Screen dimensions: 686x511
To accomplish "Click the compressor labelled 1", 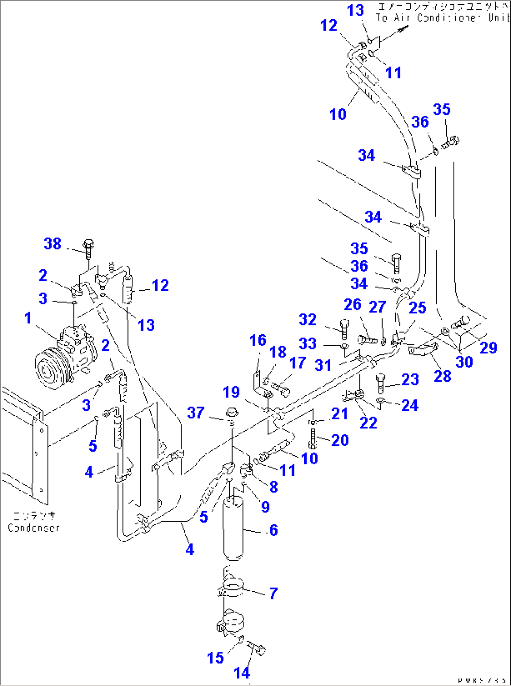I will tap(66, 359).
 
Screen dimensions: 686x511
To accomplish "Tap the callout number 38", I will tap(53, 243).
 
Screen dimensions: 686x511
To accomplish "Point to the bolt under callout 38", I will tap(88, 248).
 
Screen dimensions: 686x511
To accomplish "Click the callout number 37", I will tap(196, 413).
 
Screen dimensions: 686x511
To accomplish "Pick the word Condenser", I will tap(34, 528).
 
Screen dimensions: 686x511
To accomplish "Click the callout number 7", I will tap(273, 593).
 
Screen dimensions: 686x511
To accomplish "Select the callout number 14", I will tap(242, 673).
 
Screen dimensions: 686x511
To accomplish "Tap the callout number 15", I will tap(216, 657).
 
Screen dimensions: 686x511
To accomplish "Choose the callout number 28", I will tap(443, 376).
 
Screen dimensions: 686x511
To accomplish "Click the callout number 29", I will tap(488, 347).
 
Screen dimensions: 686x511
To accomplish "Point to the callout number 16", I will tap(258, 340).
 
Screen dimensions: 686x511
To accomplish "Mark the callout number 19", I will tap(231, 392).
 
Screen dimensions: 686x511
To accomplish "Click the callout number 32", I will tap(308, 319).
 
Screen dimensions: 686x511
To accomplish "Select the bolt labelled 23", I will tap(380, 383).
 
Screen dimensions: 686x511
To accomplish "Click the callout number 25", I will tap(417, 308).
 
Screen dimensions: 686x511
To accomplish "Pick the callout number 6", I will tap(274, 530).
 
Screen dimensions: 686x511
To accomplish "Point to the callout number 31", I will tap(323, 365).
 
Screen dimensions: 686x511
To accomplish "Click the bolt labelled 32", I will tap(345, 328).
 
